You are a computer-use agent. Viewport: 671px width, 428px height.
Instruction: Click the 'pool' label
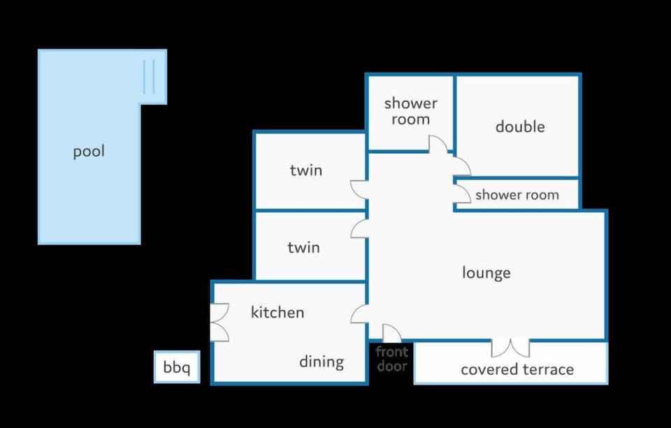(x=89, y=152)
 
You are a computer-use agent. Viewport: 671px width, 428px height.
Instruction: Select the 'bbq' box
(x=177, y=367)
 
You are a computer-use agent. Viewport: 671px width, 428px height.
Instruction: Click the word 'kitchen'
(x=277, y=312)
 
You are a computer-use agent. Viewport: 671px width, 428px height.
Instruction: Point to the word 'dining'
(x=322, y=362)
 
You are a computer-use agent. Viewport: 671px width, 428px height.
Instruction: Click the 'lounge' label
(x=486, y=273)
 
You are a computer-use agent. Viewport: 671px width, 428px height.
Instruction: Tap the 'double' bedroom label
(x=520, y=127)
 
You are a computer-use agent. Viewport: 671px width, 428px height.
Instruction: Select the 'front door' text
(x=392, y=359)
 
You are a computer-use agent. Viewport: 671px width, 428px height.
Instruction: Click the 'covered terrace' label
(x=517, y=369)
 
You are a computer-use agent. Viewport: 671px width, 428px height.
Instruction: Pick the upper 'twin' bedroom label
(x=306, y=171)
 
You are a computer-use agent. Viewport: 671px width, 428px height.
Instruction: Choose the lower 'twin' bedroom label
(x=303, y=248)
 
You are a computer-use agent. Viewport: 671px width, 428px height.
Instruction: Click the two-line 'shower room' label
(x=410, y=111)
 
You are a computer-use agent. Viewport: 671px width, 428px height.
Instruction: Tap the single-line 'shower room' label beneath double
(x=517, y=195)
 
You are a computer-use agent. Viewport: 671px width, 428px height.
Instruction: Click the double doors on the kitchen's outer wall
(x=219, y=322)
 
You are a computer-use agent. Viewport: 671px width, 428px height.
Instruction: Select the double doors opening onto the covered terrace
(x=510, y=348)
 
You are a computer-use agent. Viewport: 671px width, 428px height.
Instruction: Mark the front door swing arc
(x=391, y=334)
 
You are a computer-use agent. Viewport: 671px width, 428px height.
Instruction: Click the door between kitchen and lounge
(x=359, y=314)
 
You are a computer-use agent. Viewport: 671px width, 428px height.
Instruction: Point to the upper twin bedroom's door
(x=359, y=190)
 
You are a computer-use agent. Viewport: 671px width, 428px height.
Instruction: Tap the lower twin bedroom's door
(x=359, y=229)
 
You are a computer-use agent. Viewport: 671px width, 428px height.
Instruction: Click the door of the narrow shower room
(x=462, y=194)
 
